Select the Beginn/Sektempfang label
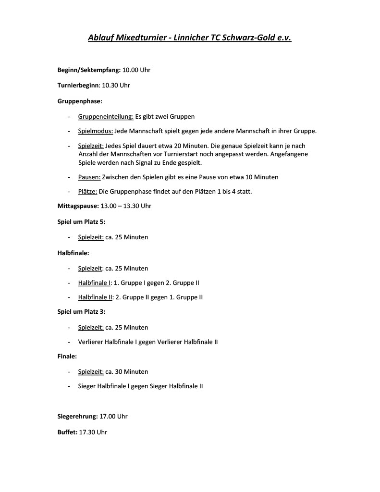(x=89, y=70)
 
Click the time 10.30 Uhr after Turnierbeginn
(x=116, y=85)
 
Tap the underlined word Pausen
(x=89, y=177)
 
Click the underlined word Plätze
(x=87, y=192)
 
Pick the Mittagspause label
(x=78, y=206)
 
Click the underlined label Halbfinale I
(x=94, y=283)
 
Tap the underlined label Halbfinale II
(x=95, y=297)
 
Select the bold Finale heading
(x=67, y=357)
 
